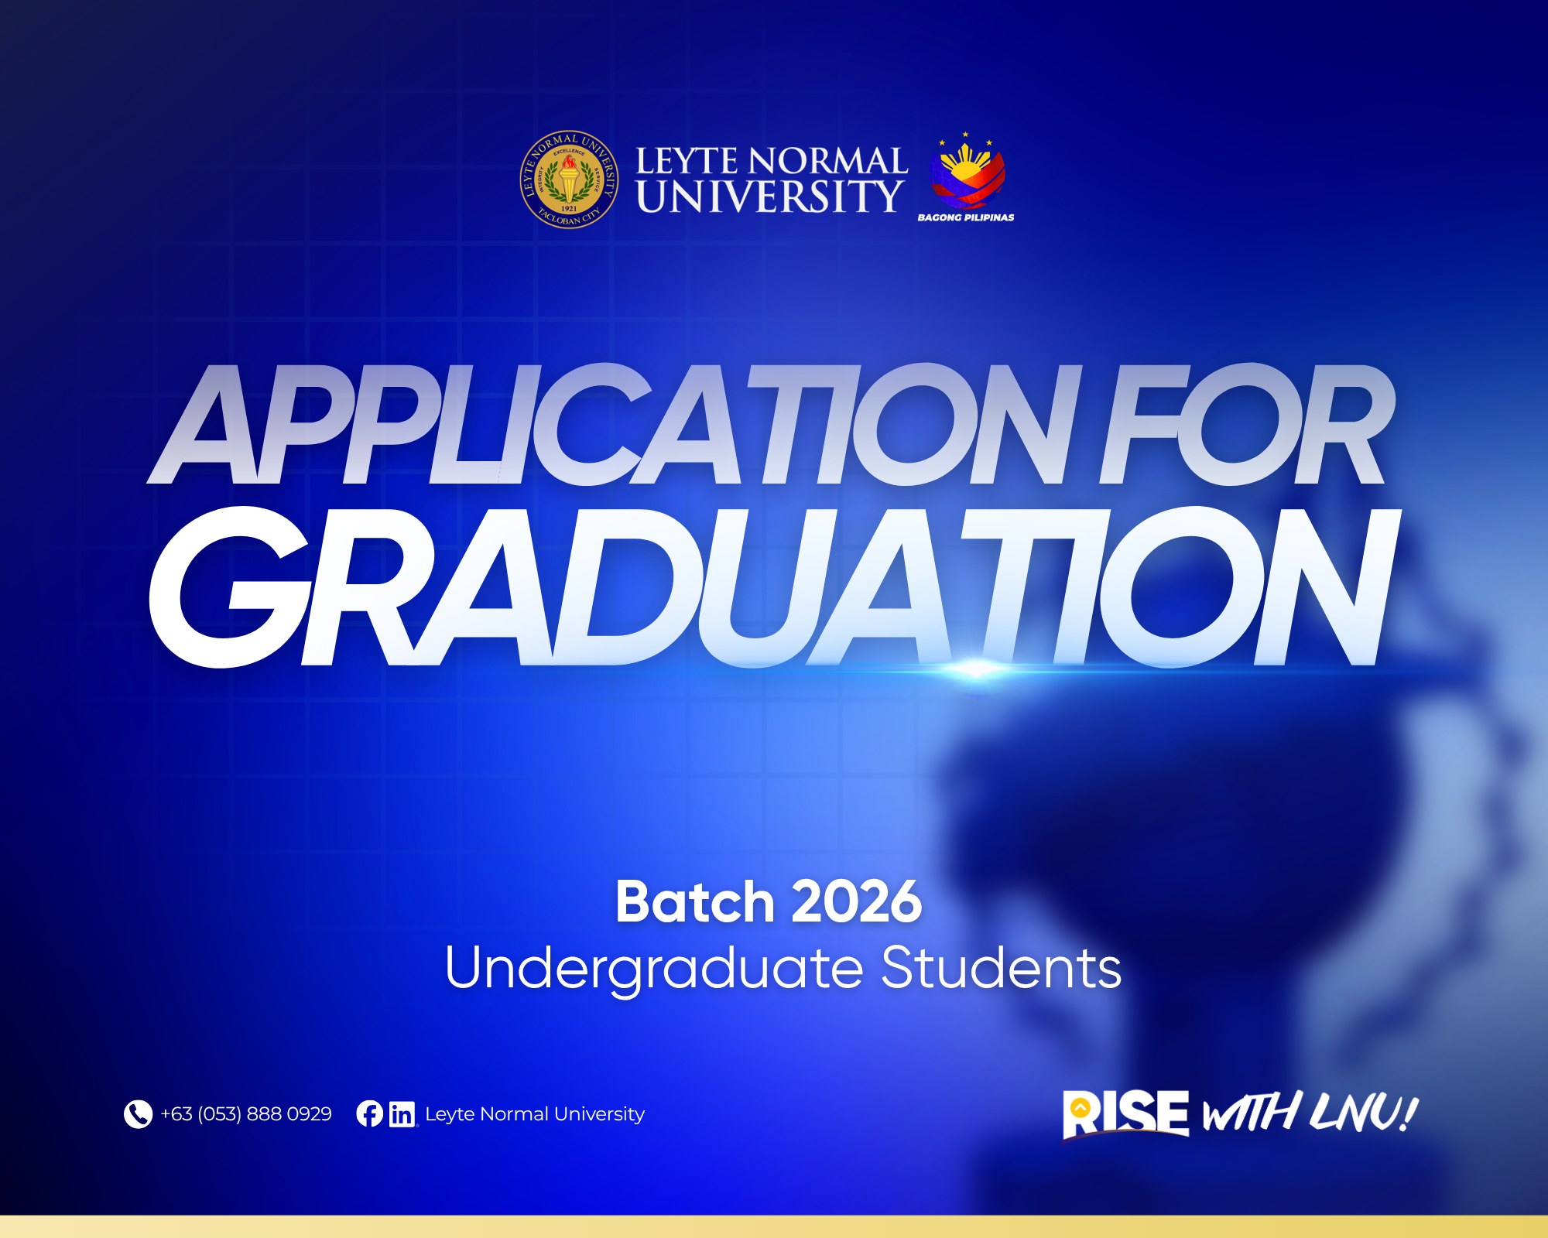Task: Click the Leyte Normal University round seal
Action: [569, 180]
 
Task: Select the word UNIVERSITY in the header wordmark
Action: [769, 197]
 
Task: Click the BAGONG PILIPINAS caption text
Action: [966, 217]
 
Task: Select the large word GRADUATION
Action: [774, 587]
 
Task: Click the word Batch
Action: [695, 902]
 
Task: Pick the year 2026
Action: [857, 902]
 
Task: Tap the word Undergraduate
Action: [654, 969]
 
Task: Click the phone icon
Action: [139, 1114]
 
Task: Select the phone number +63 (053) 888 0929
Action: [246, 1114]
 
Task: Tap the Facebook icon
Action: [370, 1114]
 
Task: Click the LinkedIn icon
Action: [402, 1114]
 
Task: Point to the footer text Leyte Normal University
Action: [535, 1114]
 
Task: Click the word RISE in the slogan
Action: [1126, 1114]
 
